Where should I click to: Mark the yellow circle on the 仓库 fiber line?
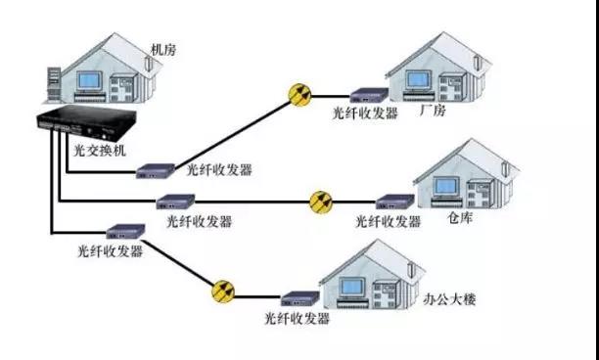tap(321, 202)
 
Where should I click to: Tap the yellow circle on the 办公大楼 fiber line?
tap(224, 291)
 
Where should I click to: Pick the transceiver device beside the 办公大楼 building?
tap(297, 296)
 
